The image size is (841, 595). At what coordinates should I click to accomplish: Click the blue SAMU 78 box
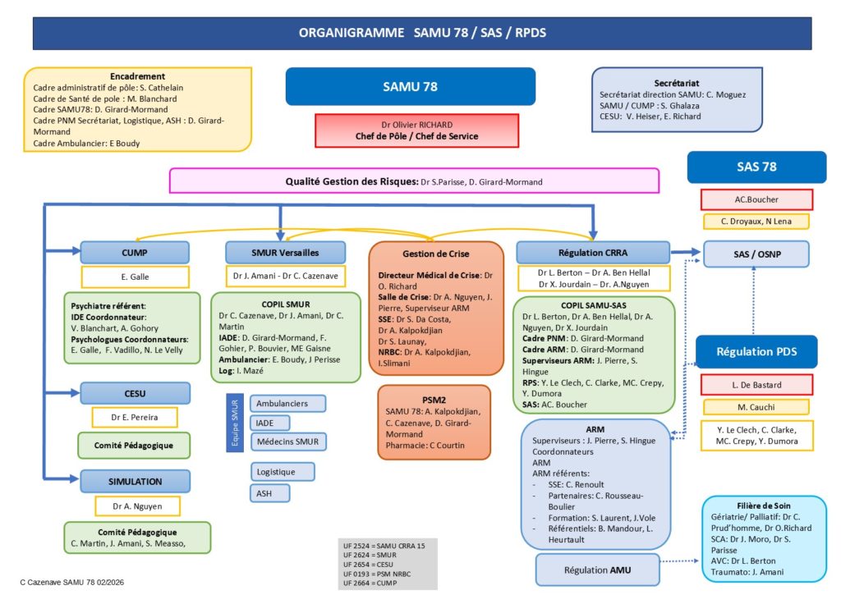[411, 86]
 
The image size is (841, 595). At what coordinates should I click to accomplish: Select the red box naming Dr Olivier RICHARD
[417, 130]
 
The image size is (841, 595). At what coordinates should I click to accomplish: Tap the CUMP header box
[135, 252]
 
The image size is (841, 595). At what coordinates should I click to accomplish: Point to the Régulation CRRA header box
[593, 252]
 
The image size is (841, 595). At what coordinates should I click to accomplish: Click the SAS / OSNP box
[756, 254]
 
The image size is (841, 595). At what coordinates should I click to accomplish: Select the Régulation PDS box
[756, 351]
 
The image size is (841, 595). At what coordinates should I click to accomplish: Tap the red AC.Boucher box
[756, 199]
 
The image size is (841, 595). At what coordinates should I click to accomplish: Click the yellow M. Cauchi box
[755, 407]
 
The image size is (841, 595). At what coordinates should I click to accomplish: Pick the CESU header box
[135, 392]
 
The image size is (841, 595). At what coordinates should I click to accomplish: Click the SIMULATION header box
[135, 481]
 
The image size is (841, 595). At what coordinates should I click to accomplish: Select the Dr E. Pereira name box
[135, 417]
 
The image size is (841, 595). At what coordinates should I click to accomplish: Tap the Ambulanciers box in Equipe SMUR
[287, 404]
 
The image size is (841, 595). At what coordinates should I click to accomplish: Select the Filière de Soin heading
[764, 505]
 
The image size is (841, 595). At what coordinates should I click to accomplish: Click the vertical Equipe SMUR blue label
[232, 423]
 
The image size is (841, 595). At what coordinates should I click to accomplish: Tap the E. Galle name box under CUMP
[135, 277]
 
